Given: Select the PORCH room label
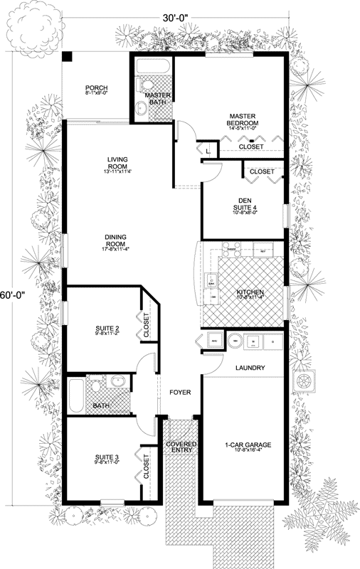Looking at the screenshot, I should tap(97, 88).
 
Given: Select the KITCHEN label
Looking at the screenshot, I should tap(250, 292).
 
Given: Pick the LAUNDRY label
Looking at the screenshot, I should tap(250, 368).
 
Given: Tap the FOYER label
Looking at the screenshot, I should tap(179, 392).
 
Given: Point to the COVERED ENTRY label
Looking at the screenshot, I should tap(181, 447).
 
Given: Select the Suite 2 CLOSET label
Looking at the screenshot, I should tap(147, 324).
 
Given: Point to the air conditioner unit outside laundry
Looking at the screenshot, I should tap(308, 381).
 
